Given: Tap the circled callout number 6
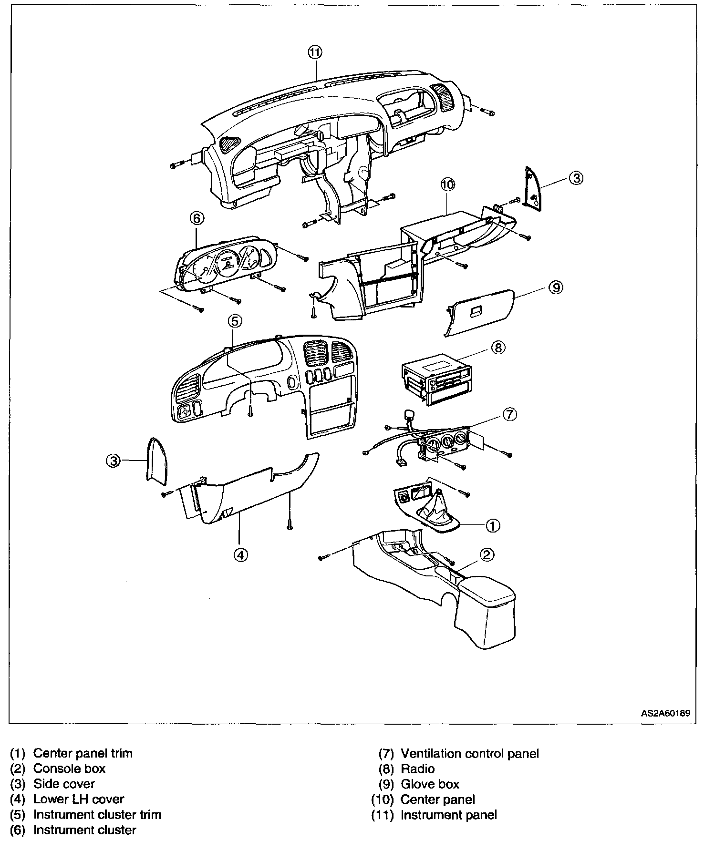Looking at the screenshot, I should [x=197, y=218].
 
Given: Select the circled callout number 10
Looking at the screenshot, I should [x=448, y=184].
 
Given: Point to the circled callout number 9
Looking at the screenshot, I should [x=556, y=287].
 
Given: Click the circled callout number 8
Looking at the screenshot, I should [x=497, y=348].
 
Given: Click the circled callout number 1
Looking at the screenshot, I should [x=492, y=525].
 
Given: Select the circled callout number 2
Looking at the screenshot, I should [x=487, y=554].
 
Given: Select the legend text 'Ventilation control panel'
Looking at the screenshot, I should [x=469, y=754].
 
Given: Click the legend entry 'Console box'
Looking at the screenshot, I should [x=69, y=769].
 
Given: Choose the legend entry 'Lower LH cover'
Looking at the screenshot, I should [x=79, y=799].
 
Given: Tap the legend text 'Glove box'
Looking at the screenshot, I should [x=430, y=784].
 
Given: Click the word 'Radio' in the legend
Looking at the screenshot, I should [x=417, y=769].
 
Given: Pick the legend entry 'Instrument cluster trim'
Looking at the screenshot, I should [x=97, y=814].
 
